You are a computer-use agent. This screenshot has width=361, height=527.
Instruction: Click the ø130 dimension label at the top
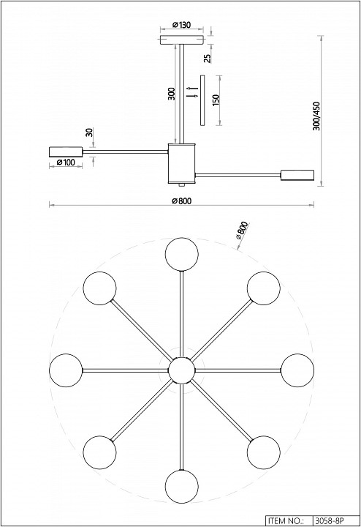181,25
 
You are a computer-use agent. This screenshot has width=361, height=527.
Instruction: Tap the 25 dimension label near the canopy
208,58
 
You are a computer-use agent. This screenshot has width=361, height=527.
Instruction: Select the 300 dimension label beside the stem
171,94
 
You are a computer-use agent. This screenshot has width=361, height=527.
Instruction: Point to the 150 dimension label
216,100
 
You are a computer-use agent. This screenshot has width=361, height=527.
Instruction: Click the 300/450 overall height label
316,116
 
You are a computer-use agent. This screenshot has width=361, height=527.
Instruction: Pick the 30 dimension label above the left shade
89,132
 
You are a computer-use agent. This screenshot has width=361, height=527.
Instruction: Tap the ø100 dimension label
66,162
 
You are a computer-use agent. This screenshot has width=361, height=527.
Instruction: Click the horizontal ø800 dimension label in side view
181,201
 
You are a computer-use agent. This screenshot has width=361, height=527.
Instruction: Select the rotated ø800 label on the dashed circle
242,231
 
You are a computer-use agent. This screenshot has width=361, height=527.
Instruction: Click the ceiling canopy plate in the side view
181,40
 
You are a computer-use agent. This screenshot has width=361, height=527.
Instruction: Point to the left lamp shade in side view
66,152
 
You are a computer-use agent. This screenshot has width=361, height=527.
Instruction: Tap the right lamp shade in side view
297,175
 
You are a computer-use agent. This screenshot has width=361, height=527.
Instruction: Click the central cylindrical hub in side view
181,163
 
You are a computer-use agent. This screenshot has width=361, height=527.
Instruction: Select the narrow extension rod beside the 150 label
202,100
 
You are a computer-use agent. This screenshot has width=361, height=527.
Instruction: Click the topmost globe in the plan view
181,254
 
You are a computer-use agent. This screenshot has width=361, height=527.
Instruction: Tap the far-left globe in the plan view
66,370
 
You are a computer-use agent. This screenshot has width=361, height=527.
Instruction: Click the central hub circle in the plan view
181,370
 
